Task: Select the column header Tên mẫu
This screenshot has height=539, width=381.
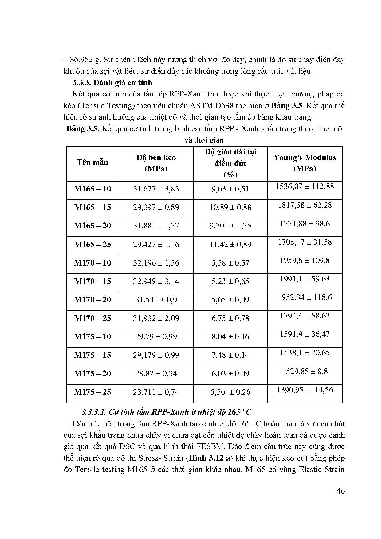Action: click(x=92, y=163)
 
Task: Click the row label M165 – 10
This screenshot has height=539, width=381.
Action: click(x=92, y=189)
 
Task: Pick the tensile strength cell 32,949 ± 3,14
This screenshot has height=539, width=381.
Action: click(x=156, y=281)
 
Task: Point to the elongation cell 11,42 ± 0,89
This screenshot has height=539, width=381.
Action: click(x=230, y=244)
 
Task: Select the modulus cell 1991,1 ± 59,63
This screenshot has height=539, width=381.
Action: click(x=304, y=279)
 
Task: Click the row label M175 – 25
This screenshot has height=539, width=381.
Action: click(x=92, y=392)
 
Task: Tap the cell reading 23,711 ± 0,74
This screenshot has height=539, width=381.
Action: click(x=156, y=392)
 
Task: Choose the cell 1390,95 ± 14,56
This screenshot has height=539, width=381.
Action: click(x=304, y=390)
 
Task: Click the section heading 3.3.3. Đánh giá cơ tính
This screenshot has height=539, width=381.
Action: click(x=112, y=82)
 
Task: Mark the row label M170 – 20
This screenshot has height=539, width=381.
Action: click(x=92, y=300)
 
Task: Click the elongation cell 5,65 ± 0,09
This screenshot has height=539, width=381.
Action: click(x=230, y=300)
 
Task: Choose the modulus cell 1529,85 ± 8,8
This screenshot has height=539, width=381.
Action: click(x=304, y=371)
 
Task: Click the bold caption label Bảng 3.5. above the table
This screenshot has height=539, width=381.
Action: click(x=82, y=128)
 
